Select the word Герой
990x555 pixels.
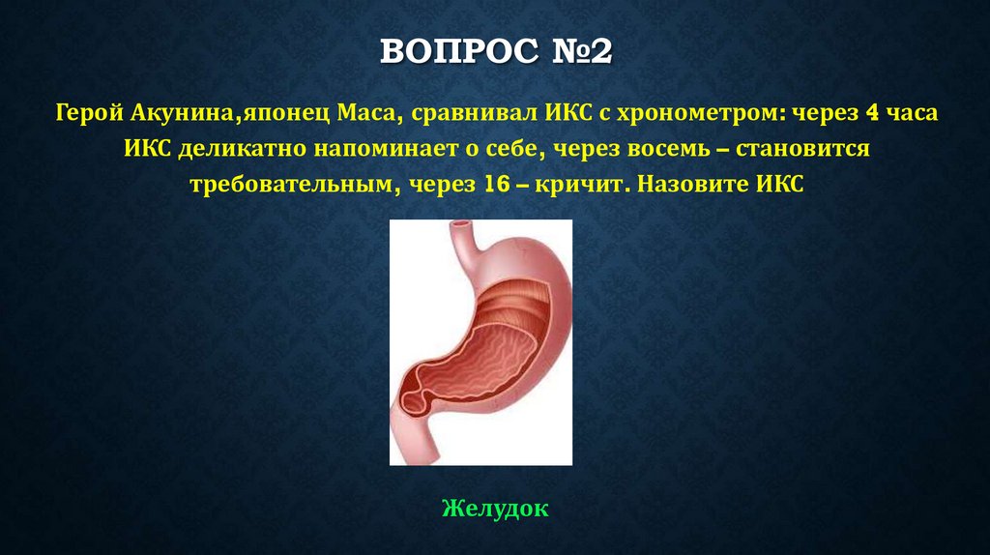tap(89, 115)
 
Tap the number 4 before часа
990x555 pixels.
tap(872, 115)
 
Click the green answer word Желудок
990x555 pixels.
tap(495, 508)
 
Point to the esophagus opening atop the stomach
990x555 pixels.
tap(465, 229)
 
